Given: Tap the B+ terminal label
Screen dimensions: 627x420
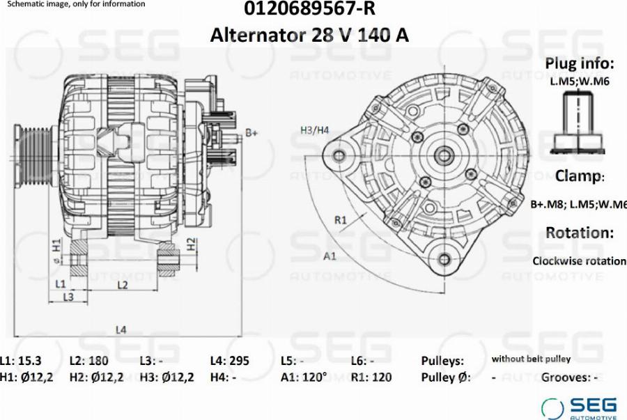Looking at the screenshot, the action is pos(251,132).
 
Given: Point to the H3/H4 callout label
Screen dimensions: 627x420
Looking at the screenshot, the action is pos(315,130).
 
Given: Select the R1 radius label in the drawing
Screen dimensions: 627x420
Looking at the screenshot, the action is pos(340,220).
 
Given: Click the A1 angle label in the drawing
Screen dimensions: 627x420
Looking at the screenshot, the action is pos(330,256).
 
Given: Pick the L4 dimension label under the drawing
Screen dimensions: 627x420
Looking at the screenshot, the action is pos(121,329).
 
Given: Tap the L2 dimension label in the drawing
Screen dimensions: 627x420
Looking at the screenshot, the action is pos(123,285).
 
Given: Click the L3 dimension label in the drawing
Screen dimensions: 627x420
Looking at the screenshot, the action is pos(68,297).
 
